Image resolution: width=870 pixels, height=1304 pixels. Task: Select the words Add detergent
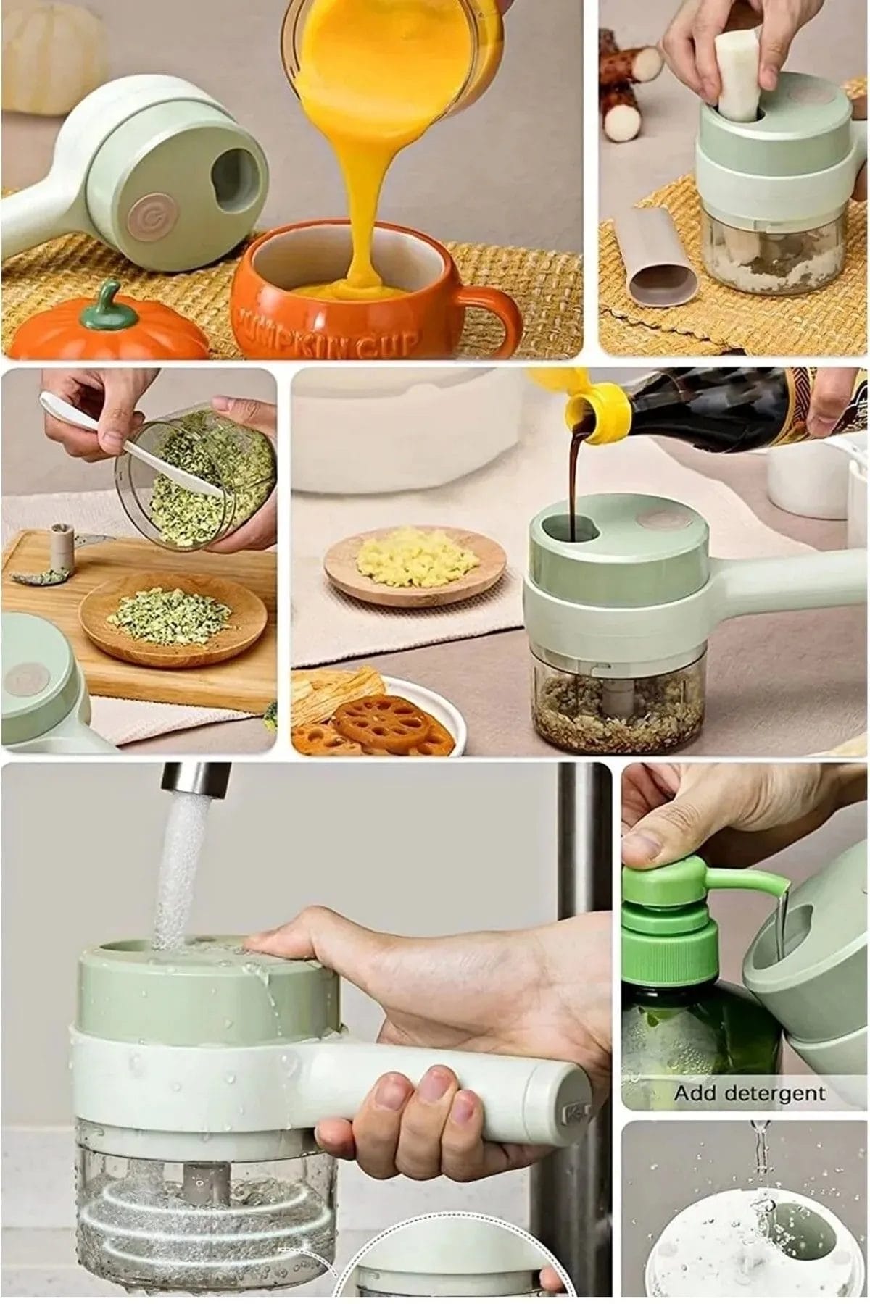pyautogui.click(x=750, y=1093)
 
